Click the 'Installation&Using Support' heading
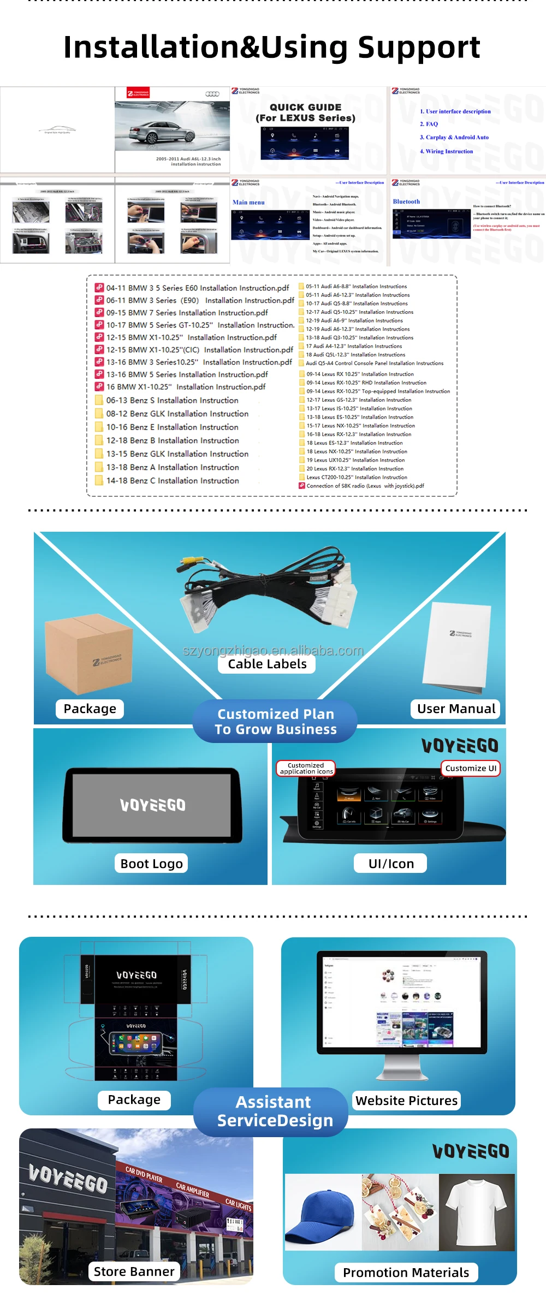point(272,47)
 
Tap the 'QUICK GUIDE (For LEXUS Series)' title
point(305,112)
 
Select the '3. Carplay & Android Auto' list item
point(454,138)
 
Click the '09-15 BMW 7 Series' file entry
point(187,313)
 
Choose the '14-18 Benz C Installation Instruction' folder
point(173,481)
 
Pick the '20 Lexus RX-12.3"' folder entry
point(355,469)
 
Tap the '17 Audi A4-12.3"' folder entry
point(353,346)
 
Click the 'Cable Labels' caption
point(267,664)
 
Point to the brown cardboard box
point(89,655)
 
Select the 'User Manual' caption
point(456,709)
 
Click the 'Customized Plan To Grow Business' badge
point(275,722)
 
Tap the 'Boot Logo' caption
point(151,864)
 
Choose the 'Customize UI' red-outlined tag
point(471,769)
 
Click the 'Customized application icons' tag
point(306,769)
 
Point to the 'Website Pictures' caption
point(406,1101)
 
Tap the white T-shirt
point(477,1211)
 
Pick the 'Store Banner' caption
point(134,1272)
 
